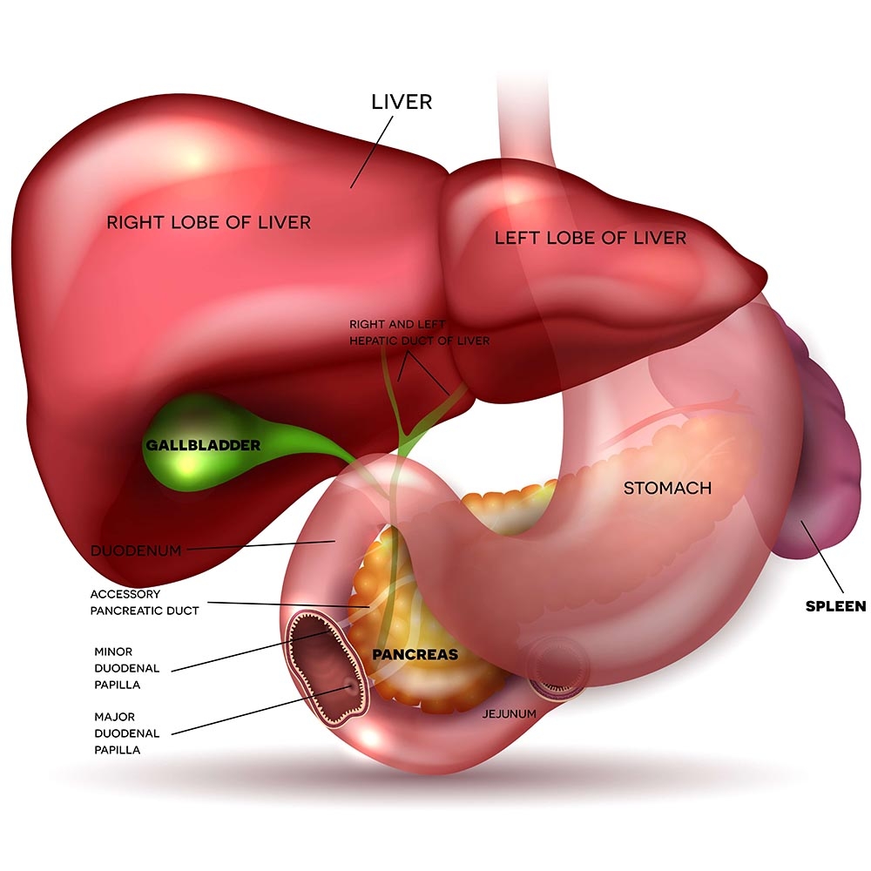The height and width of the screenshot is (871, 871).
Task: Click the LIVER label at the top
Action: [x=401, y=102]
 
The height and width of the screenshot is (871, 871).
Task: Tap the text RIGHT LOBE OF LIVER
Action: [x=208, y=222]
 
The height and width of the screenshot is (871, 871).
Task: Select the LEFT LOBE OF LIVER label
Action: [x=590, y=237]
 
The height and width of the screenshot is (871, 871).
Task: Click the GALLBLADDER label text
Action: [x=203, y=445]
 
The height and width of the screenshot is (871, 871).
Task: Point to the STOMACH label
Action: [x=667, y=488]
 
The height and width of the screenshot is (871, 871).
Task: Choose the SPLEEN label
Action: [x=834, y=606]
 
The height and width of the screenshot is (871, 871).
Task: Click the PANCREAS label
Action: [x=415, y=652]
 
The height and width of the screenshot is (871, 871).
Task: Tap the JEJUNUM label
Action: [x=509, y=713]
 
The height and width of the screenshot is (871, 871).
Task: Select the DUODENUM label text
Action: [x=136, y=550]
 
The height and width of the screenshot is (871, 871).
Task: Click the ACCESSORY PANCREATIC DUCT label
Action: [x=145, y=602]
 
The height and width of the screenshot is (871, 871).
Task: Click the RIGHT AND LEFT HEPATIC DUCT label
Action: [x=420, y=332]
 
